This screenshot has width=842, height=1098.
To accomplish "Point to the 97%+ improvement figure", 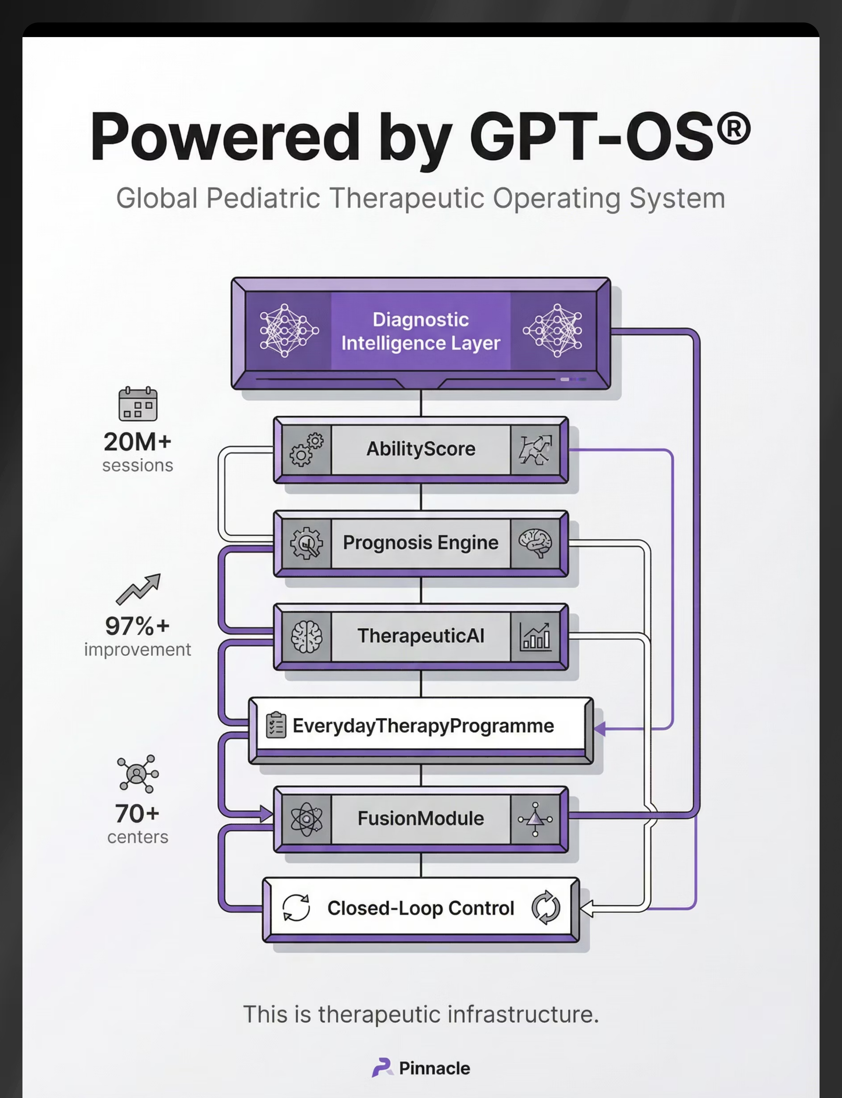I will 137,626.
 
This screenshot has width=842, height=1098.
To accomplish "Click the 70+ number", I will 137,813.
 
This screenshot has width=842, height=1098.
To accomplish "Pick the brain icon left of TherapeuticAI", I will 306,637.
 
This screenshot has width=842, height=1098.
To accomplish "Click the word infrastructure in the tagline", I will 523,1014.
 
